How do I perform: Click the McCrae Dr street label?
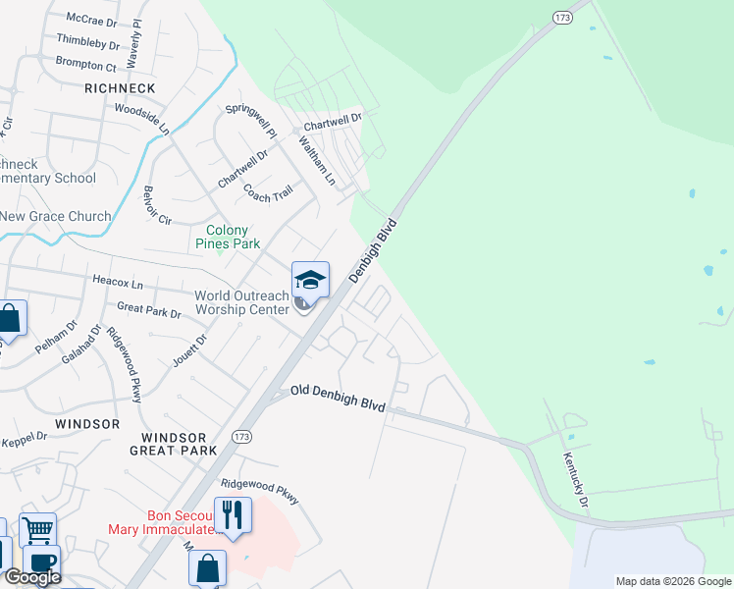91,19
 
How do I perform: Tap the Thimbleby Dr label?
88,42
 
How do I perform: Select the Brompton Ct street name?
86,65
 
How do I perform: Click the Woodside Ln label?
142,118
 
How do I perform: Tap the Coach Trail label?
268,191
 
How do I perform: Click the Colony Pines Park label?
228,237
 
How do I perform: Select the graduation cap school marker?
310,282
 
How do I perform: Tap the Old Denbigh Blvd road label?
339,399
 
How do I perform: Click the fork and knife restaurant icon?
233,514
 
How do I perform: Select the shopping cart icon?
37,530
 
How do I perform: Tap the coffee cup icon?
41,562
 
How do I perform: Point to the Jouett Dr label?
200,350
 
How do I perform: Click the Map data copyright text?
673,581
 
